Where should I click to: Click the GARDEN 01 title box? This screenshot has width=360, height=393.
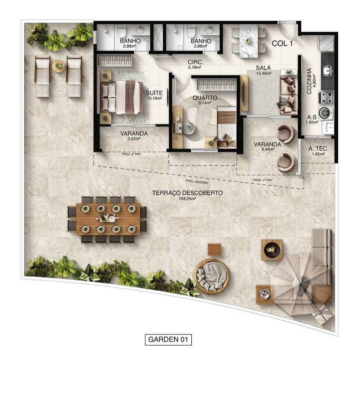point(168,339)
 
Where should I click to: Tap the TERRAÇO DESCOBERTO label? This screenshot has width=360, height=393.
point(187,193)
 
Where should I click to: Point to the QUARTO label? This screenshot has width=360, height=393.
point(205,98)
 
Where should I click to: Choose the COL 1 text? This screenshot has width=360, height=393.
point(282,43)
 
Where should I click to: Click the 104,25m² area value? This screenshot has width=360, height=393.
point(187,199)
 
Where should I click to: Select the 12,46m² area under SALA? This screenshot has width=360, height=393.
point(263,73)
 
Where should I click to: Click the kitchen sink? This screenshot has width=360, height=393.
point(327,70)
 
